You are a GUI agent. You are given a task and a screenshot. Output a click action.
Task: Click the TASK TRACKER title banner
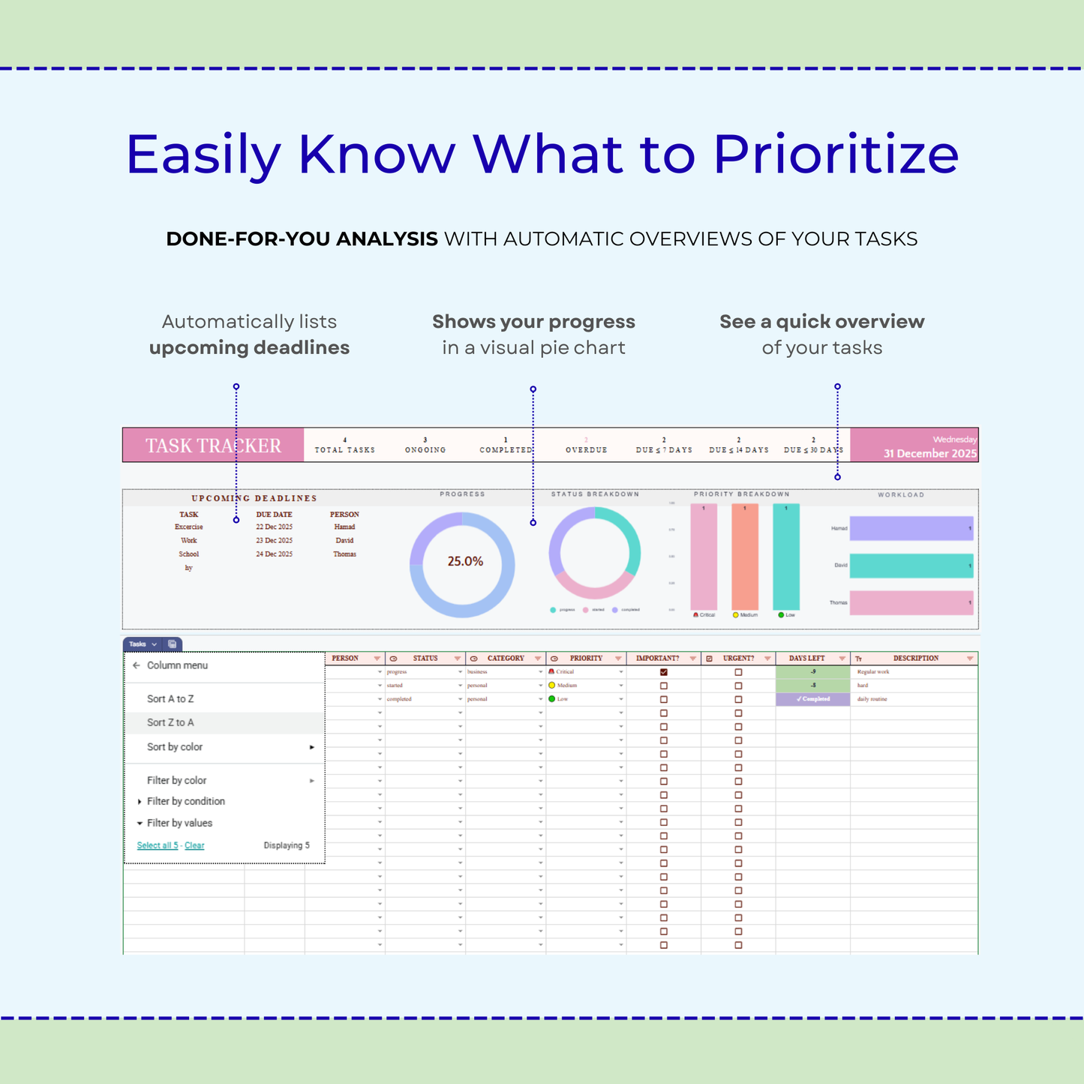[x=213, y=446]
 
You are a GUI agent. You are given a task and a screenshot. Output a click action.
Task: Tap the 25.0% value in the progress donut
[x=465, y=561]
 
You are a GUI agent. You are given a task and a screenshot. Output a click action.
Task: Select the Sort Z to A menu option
[x=170, y=722]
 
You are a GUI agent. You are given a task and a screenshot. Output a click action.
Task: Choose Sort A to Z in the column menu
[x=170, y=698]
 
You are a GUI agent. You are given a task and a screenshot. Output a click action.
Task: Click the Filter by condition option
[x=185, y=801]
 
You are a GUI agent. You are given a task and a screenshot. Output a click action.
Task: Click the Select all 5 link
[x=158, y=845]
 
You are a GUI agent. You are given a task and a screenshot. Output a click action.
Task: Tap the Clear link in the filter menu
[x=194, y=845]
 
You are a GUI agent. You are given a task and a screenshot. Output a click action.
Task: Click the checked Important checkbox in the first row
[x=664, y=672]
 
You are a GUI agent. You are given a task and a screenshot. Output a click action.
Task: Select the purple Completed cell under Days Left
[x=812, y=699]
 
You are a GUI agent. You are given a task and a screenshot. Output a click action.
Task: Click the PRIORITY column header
[x=586, y=659]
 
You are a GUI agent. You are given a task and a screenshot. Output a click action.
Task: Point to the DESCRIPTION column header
[x=915, y=659]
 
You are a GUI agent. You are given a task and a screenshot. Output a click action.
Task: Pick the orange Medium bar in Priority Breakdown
[x=744, y=557]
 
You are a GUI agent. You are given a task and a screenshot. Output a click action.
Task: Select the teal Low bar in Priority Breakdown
[x=785, y=557]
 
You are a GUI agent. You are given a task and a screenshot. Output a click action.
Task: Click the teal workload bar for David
[x=911, y=566]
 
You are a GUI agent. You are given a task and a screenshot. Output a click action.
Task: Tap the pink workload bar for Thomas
[x=911, y=603]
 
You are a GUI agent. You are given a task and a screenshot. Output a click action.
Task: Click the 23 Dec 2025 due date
[x=274, y=541]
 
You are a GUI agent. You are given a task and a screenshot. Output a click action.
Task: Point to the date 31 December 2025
[x=929, y=454]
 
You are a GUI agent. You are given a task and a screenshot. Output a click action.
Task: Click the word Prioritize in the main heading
[x=835, y=155]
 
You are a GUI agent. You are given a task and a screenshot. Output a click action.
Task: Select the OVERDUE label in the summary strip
[x=586, y=450]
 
